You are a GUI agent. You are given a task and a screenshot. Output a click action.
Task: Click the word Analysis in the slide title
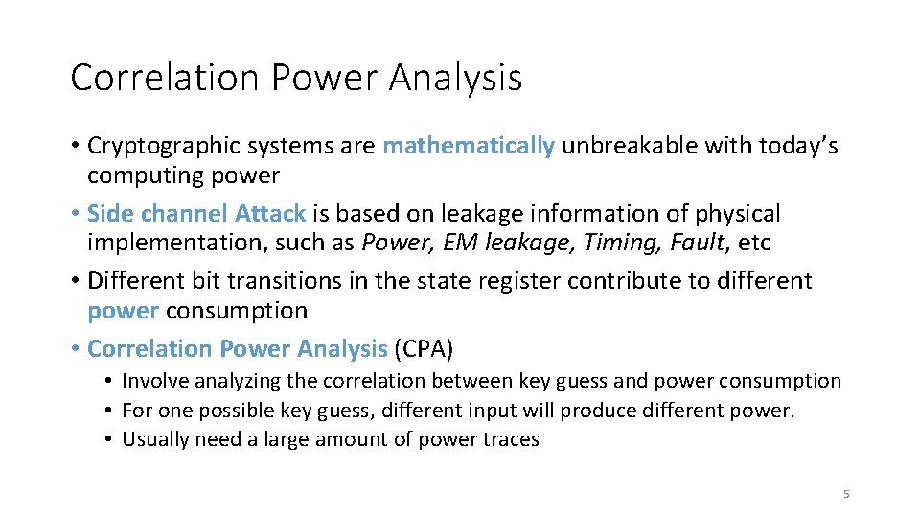pyautogui.click(x=455, y=78)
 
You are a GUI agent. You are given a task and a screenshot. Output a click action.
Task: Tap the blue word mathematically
pyautogui.click(x=469, y=146)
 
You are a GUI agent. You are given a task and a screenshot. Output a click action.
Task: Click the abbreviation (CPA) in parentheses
pyautogui.click(x=425, y=348)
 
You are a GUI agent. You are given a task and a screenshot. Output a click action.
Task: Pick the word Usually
pyautogui.click(x=157, y=439)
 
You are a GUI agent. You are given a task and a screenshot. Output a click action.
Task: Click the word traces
pyautogui.click(x=512, y=439)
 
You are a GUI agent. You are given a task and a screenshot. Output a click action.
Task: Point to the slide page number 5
pyautogui.click(x=846, y=494)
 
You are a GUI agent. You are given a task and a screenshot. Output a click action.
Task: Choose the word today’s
pyautogui.click(x=798, y=146)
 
